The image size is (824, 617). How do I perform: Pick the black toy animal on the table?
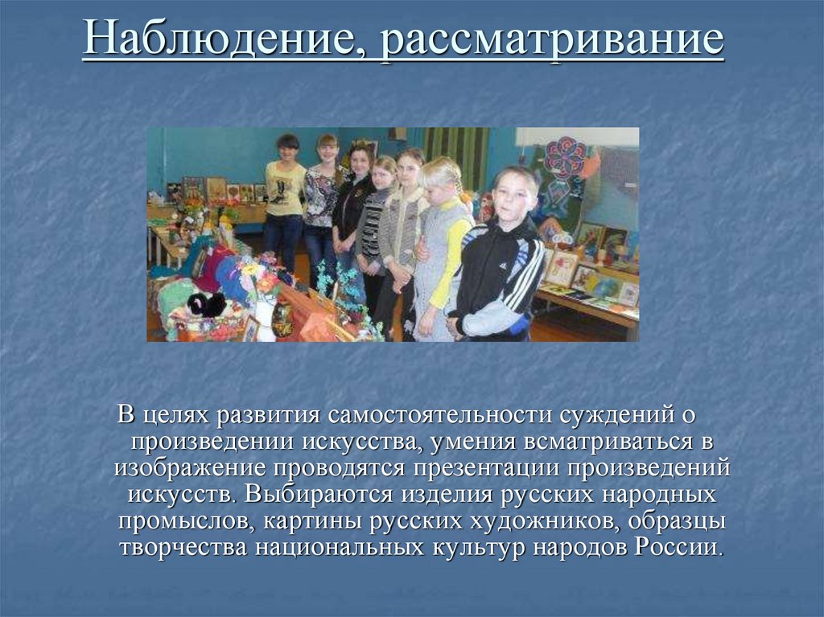(206, 304)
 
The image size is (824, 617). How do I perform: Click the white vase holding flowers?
(265, 320)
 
